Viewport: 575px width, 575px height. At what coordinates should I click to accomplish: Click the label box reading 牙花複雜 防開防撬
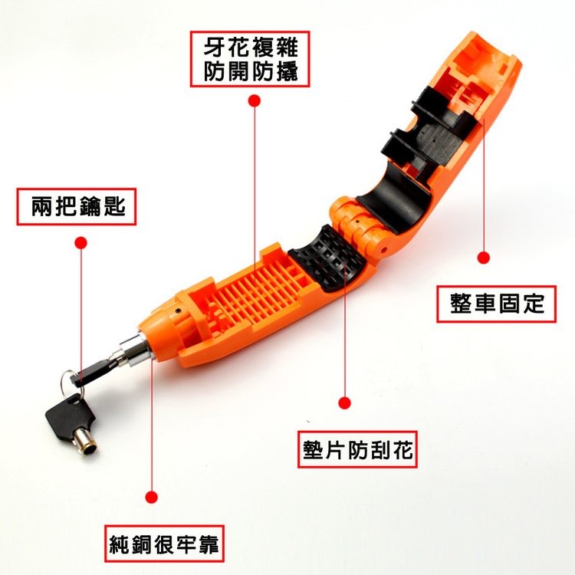[250, 59]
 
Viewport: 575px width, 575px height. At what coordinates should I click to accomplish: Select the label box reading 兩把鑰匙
[76, 206]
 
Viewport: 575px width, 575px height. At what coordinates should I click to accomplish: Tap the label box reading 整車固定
[496, 304]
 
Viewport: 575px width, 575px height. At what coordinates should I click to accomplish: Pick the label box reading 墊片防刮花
[357, 449]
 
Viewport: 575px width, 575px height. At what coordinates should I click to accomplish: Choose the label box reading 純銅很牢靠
[164, 544]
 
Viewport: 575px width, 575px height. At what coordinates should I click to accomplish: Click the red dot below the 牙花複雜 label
[254, 101]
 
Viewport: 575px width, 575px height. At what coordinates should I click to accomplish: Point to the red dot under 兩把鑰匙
[80, 242]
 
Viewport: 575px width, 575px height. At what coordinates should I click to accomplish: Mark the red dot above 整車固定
[484, 258]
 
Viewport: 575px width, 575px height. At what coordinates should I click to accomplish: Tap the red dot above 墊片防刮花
[344, 403]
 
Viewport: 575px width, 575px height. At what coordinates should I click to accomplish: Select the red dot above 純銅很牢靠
[152, 498]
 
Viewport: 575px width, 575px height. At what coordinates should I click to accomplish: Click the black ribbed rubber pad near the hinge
[327, 258]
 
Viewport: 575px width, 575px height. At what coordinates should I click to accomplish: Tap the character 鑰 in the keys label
[89, 207]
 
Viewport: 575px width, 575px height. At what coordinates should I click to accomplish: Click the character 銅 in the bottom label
[142, 544]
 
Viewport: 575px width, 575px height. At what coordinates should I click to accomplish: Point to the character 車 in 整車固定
[485, 304]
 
